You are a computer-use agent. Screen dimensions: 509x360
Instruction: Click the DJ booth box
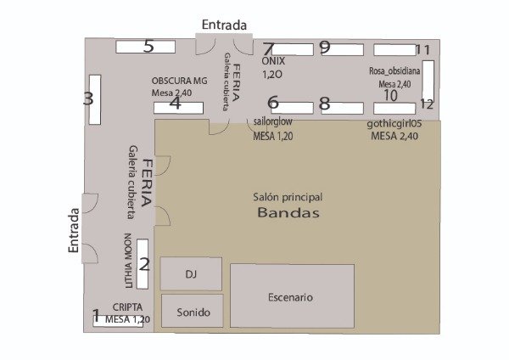point(191,273)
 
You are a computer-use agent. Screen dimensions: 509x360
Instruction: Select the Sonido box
point(193,311)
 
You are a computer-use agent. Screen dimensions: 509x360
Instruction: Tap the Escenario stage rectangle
point(292,296)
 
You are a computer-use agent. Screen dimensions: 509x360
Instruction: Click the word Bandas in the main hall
point(288,212)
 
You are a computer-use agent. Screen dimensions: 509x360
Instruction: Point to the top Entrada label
point(224,25)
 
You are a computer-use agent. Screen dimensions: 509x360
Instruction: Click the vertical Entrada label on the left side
point(74,230)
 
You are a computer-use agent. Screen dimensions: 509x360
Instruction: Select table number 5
point(145,47)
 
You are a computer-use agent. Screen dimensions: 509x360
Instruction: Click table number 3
point(95,99)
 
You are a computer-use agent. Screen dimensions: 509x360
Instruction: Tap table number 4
point(178,108)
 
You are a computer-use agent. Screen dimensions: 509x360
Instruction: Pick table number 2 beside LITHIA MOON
point(143,264)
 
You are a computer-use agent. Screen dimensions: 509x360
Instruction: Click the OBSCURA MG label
point(179,81)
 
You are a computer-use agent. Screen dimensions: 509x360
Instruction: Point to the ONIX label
point(273,61)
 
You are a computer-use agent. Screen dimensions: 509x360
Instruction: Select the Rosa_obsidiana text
point(394,70)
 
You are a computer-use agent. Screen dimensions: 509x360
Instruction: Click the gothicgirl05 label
point(394,123)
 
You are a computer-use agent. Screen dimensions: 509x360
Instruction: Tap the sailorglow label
point(272,121)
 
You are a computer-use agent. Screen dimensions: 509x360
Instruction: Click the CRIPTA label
point(127,307)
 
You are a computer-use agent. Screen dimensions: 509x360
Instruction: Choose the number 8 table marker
point(325,104)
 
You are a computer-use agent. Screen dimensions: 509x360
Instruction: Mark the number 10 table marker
point(390,95)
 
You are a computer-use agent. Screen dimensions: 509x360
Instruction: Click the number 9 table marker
point(325,47)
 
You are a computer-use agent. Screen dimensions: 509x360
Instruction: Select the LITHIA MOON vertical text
point(128,261)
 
